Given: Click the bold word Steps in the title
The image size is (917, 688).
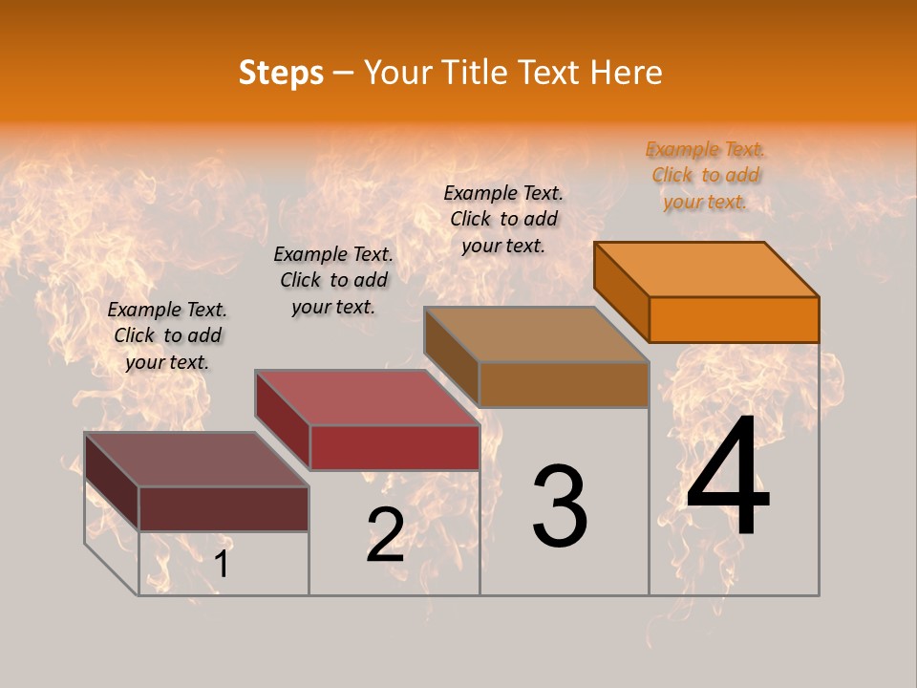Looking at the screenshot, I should (x=281, y=73).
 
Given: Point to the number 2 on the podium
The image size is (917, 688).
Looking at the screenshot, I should (x=385, y=535).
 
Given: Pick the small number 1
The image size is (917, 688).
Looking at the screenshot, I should (x=222, y=564).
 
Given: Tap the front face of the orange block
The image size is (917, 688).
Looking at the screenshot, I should (x=734, y=319).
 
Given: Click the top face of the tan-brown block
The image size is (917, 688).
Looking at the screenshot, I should (x=537, y=334).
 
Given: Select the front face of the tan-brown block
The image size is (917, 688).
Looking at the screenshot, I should (x=564, y=384).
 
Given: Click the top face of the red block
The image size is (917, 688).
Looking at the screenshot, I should (x=367, y=398).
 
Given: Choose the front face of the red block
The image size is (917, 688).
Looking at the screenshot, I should (x=395, y=447).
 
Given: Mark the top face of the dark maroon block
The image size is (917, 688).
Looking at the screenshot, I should (x=197, y=460).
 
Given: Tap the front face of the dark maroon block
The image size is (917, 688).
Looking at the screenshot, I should (x=224, y=508).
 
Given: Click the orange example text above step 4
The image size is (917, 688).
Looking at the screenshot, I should (x=705, y=175).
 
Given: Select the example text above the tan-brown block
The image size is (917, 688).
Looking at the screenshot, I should (x=503, y=219).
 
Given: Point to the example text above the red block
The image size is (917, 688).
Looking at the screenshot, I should (x=333, y=280).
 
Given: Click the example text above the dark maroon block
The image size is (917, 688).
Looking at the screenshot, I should (x=167, y=335).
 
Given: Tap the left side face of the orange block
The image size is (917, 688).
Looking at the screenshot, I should (x=621, y=291).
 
